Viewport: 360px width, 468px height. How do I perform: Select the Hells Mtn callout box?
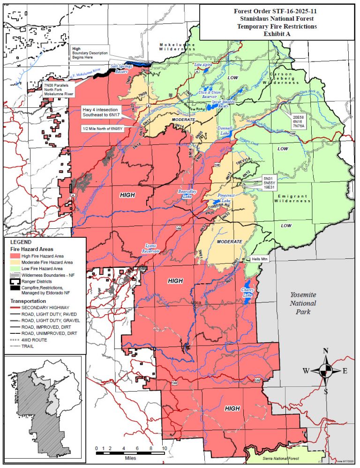261,259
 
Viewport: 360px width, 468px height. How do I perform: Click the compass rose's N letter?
326,351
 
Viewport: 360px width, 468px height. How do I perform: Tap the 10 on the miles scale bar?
165,448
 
